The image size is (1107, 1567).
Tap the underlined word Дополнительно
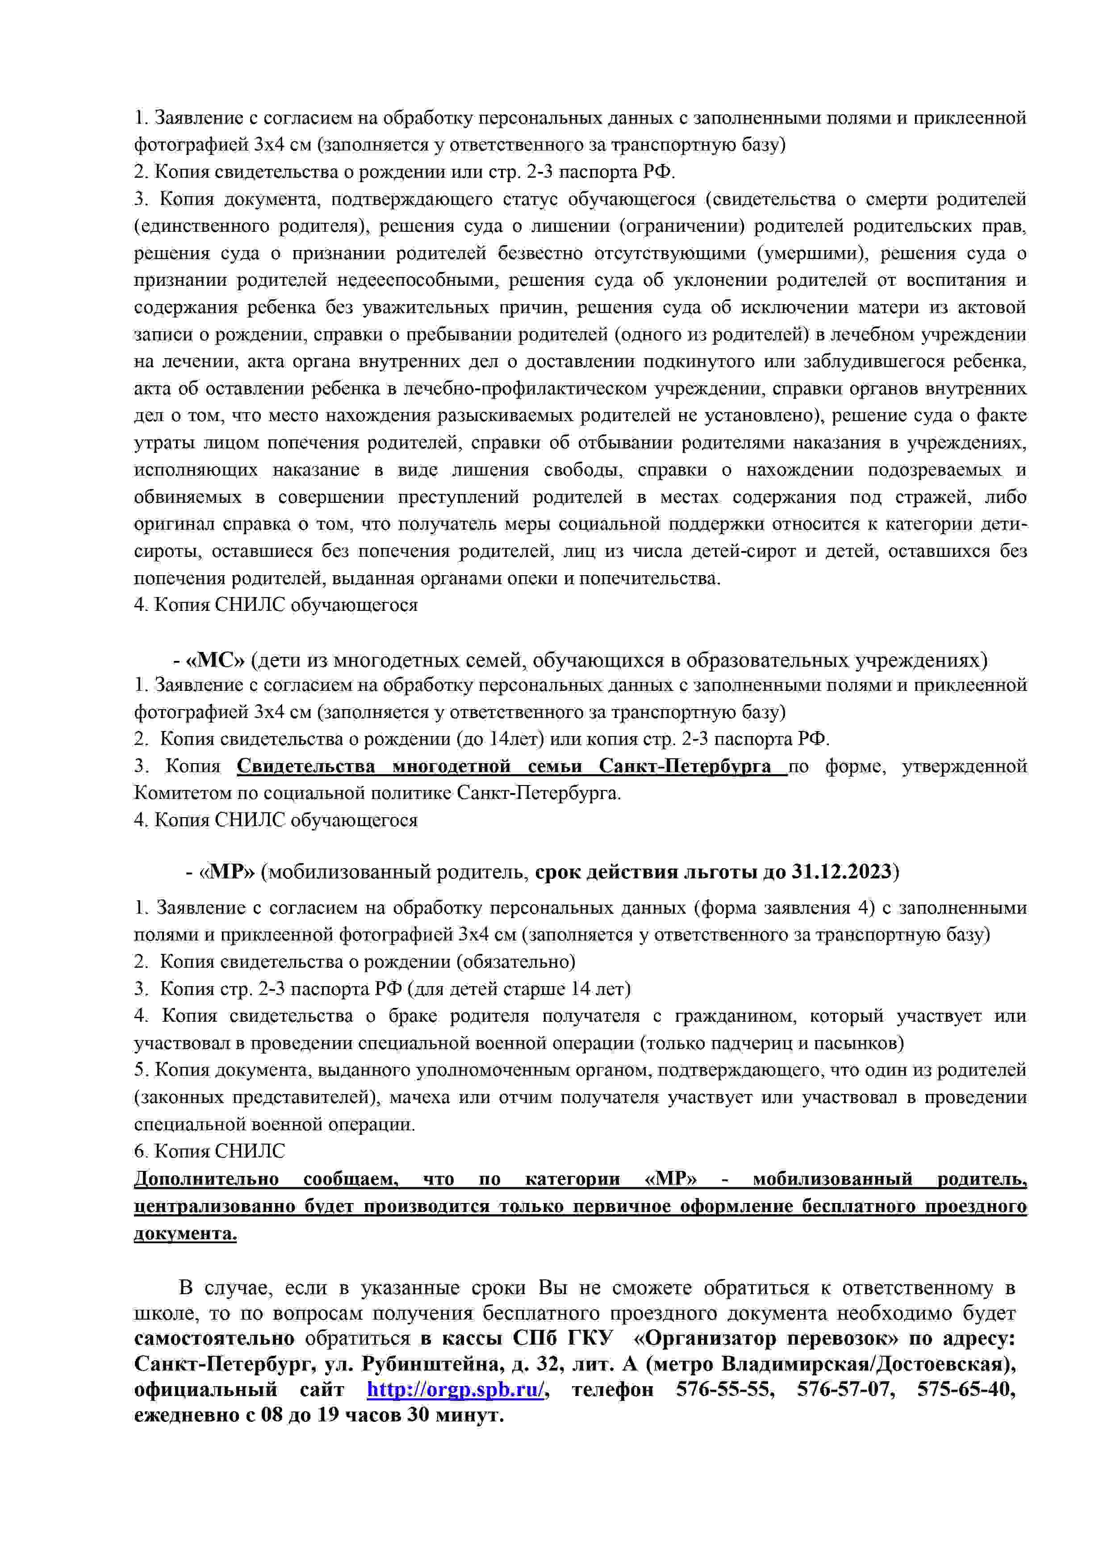coord(206,1178)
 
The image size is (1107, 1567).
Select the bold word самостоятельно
coord(214,1337)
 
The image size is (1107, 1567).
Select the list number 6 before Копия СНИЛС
coord(139,1151)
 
